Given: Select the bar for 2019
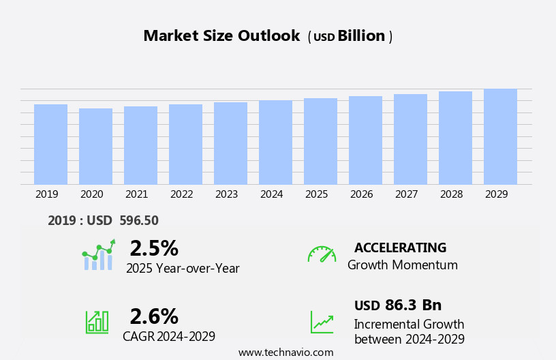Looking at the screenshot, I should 50,145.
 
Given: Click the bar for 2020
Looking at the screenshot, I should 95,147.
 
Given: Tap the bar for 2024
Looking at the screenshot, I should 275,142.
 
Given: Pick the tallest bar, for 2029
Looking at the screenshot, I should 500,136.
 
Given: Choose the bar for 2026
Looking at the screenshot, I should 365,140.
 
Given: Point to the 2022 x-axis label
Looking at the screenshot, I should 181,194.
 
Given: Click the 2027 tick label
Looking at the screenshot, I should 406,194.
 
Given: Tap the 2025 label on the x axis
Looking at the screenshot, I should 316,194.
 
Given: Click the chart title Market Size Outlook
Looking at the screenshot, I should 221,36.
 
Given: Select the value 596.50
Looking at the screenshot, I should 138,221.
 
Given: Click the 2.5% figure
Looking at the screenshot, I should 154,248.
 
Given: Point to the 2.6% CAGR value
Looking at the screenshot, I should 154,316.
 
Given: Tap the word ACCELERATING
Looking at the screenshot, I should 400,248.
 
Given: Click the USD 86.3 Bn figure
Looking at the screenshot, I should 398,305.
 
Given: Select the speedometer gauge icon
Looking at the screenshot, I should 322,254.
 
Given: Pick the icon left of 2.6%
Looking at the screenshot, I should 97,321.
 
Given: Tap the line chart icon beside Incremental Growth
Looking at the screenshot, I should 322,322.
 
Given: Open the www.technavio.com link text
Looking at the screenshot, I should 285,352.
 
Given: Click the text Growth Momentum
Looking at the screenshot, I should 402,265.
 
